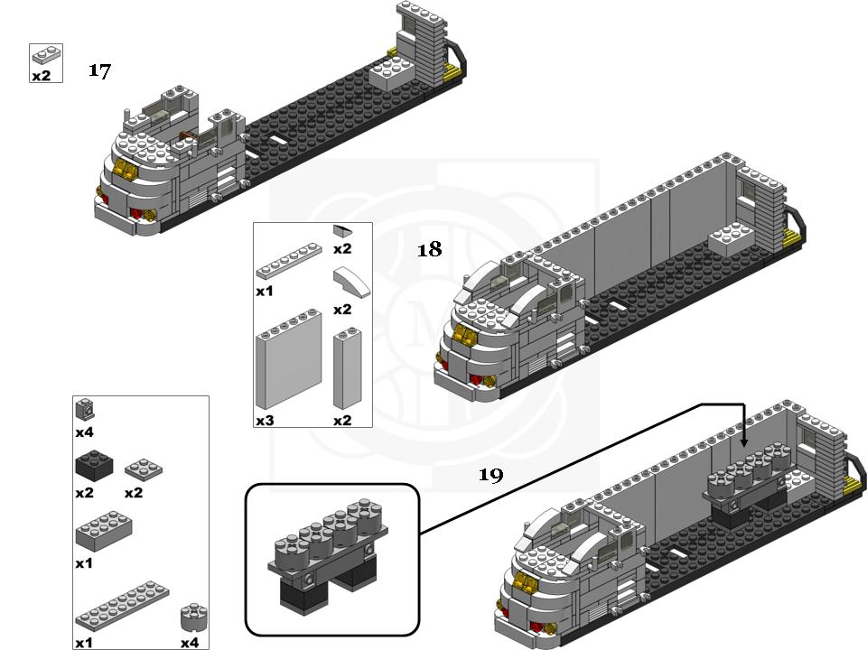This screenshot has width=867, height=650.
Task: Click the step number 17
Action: (99, 70)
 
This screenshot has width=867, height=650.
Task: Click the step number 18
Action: (429, 249)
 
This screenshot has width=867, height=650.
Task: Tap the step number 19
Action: (490, 475)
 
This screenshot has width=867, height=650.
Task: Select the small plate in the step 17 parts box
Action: (46, 54)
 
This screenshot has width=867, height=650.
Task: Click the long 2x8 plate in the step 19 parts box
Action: (122, 606)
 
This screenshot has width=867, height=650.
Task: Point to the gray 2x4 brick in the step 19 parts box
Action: (105, 532)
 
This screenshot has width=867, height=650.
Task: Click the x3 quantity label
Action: (265, 421)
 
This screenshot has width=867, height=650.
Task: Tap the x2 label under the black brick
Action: (84, 493)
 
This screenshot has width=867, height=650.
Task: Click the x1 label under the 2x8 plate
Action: (84, 643)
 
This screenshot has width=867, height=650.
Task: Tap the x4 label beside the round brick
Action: (189, 643)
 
